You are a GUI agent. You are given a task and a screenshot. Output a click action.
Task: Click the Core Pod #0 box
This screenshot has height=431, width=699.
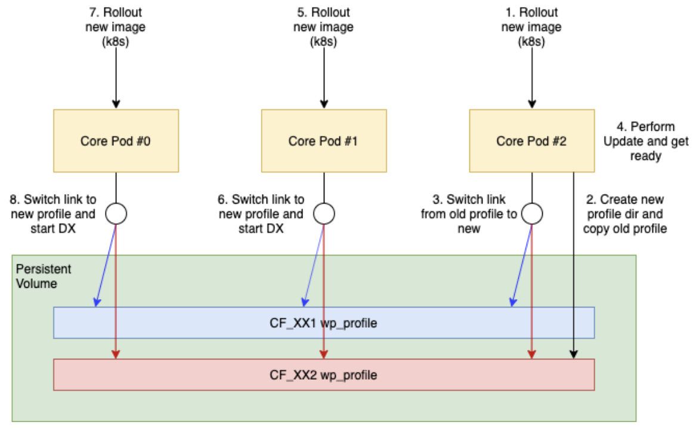click(116, 141)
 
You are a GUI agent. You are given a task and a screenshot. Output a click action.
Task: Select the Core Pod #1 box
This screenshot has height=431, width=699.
click(324, 141)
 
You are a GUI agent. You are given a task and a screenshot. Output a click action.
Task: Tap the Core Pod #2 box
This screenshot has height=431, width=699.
click(531, 141)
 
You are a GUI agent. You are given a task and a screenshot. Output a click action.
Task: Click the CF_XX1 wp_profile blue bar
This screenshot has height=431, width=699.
click(324, 323)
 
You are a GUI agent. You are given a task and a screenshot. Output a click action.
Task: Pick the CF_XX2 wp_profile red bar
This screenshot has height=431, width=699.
click(324, 375)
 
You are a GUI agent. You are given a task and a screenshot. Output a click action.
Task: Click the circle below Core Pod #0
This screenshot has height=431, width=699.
click(116, 213)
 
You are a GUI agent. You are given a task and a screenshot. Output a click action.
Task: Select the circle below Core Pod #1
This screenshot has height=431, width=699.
click(324, 213)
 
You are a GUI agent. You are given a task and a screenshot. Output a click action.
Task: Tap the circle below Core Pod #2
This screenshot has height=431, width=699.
click(531, 213)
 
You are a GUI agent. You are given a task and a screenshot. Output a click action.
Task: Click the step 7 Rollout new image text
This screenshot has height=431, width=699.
click(116, 27)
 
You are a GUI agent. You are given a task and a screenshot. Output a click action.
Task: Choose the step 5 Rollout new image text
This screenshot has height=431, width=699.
click(324, 27)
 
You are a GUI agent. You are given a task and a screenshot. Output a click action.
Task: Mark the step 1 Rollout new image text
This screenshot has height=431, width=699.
click(531, 27)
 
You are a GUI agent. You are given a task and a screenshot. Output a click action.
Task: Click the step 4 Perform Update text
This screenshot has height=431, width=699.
click(646, 141)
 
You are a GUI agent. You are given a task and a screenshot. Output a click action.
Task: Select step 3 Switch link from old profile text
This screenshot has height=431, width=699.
click(469, 214)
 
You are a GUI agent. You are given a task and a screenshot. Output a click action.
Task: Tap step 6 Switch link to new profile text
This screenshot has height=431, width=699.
click(261, 214)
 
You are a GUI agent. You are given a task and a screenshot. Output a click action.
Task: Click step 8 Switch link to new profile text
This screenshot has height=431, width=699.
click(53, 214)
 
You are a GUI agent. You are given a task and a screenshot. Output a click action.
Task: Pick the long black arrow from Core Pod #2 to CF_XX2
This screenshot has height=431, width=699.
click(574, 269)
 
